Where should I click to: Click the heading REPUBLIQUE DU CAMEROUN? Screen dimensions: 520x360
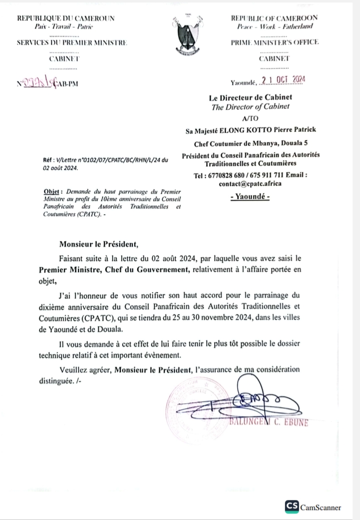pos(66,19)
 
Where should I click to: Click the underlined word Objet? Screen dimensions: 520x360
pos(51,192)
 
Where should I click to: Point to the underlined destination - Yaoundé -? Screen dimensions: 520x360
pos(250,197)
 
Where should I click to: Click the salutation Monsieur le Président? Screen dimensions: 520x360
pos(98,245)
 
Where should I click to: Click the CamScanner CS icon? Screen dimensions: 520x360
pos(292,506)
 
